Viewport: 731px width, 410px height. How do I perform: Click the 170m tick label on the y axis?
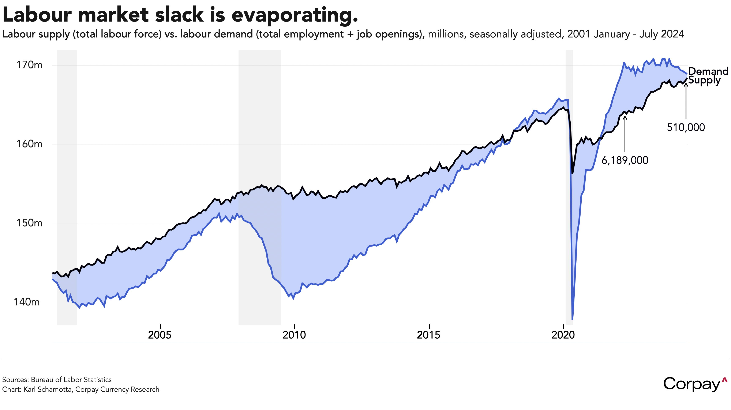(x=29, y=65)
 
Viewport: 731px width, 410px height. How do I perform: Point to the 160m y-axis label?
(x=29, y=144)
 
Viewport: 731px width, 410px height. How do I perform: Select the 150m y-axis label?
(x=29, y=223)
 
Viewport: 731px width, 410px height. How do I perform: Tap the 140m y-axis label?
(x=27, y=302)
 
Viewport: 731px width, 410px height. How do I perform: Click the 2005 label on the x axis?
(x=160, y=335)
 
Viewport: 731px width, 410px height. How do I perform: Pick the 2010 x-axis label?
(x=294, y=335)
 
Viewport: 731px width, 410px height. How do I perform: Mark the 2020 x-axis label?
(x=563, y=335)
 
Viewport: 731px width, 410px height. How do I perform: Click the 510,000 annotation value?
(x=686, y=127)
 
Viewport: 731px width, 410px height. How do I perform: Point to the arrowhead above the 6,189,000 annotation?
(x=625, y=117)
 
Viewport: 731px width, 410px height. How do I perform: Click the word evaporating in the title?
(x=295, y=15)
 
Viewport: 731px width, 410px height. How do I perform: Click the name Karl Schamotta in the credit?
(x=48, y=389)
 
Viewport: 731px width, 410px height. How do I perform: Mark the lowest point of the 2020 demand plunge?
(x=572, y=319)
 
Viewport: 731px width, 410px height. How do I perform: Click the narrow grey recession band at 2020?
(x=569, y=199)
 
